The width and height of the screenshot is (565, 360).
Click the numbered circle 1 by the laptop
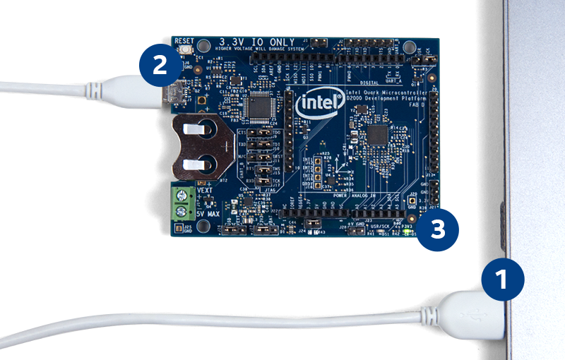[x=503, y=280]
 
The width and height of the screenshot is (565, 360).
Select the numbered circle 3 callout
[x=438, y=231]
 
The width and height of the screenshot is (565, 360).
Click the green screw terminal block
[x=183, y=202]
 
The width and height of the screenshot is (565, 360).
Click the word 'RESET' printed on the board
[x=184, y=41]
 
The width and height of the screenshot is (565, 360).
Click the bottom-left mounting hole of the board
[x=204, y=226]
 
